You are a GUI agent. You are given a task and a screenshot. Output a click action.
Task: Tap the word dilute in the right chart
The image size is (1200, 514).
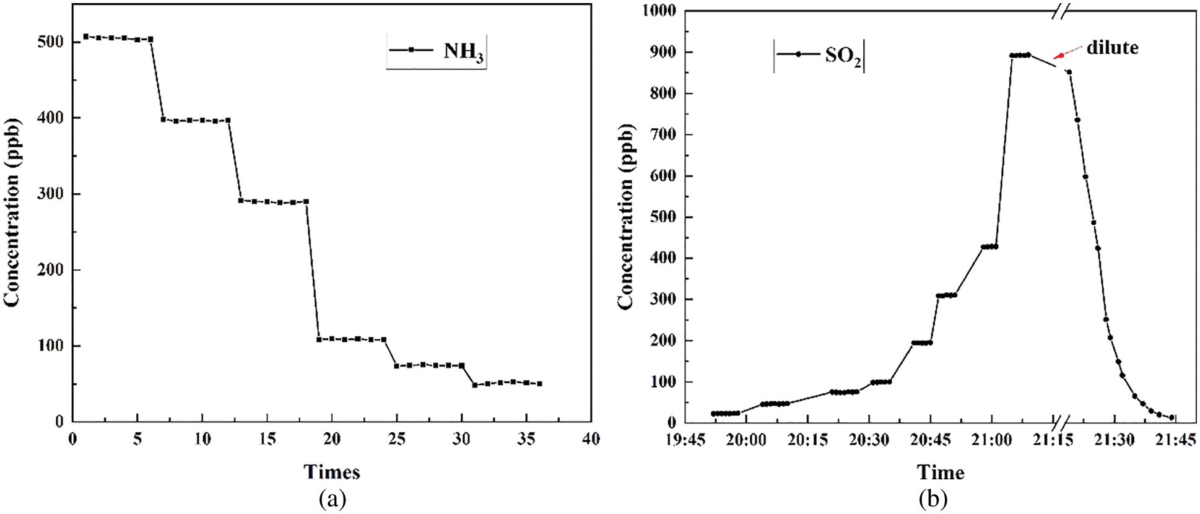click(1112, 48)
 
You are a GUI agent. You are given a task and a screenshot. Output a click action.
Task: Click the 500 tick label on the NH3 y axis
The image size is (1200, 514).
click(51, 41)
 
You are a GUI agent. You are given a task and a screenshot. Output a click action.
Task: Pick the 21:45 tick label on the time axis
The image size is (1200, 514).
click(1175, 440)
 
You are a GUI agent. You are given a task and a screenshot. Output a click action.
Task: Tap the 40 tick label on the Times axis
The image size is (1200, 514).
click(591, 438)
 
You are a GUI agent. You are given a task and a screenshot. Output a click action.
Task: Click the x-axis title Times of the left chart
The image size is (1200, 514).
click(332, 472)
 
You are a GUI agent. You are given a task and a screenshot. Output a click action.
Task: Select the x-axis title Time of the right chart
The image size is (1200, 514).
click(941, 473)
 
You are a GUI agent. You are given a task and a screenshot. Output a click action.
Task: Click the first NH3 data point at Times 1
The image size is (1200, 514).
click(85, 37)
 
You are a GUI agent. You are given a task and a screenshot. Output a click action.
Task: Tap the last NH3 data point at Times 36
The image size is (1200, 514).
click(539, 384)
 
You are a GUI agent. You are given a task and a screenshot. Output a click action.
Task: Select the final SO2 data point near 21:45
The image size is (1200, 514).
click(1172, 417)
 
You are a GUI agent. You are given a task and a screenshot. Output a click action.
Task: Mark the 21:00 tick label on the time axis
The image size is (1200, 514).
click(991, 440)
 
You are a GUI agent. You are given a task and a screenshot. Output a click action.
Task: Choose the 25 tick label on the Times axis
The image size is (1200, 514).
click(396, 438)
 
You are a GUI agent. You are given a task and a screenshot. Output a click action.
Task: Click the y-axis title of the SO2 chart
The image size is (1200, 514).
click(626, 216)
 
